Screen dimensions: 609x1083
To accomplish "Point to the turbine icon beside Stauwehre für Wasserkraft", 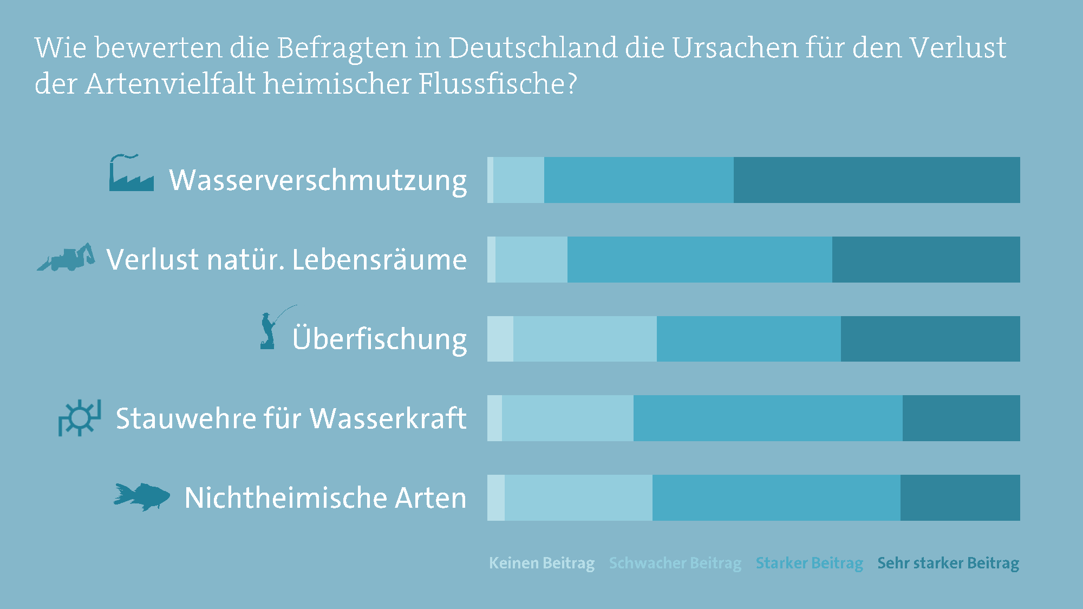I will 80,418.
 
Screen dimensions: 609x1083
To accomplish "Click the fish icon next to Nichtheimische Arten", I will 142,496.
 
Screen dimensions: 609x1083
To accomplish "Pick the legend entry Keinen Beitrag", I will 541,563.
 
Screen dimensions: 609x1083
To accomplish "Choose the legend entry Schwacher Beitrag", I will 675,563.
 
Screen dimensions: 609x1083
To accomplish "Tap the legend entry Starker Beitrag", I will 809,563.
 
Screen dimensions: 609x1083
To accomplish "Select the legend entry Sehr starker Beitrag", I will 948,563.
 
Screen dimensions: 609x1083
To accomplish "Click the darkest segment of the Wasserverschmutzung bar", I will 877,180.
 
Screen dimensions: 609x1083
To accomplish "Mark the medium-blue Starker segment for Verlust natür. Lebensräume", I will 700,259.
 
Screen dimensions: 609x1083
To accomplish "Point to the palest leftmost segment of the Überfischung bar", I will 500,339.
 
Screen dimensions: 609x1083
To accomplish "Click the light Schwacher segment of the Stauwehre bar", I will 567,418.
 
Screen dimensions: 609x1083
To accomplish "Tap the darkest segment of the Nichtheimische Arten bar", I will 960,497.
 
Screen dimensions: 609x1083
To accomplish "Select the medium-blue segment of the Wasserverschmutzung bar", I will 639,180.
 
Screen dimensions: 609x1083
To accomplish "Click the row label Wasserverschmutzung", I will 318,180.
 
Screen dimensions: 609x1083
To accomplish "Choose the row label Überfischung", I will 379,339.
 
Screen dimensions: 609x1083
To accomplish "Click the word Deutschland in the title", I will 532,48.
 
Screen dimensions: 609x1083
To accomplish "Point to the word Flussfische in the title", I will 492,84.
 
